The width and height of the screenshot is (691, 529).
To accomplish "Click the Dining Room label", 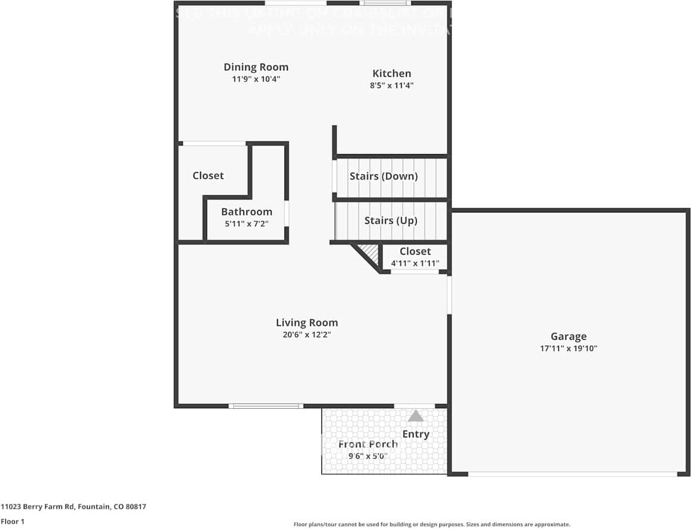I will coord(256,67).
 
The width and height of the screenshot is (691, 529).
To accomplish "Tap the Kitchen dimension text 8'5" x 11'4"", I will coord(392,86).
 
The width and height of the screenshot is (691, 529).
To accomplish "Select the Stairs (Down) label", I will coord(383,176).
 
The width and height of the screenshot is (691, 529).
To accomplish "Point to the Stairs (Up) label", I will coord(390,221).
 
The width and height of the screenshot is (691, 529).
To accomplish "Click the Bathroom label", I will coord(246,212).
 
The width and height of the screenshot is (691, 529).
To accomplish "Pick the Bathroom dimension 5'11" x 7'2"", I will coord(246,224).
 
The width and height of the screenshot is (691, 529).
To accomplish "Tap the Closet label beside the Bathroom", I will coord(208,176).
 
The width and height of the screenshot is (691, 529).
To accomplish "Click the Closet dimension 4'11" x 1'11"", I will coord(415,263).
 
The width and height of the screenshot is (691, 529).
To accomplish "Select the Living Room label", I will coord(307,323).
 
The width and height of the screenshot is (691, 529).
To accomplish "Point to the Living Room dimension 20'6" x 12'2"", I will coord(307,335).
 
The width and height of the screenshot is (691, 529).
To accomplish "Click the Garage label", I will coord(568,336).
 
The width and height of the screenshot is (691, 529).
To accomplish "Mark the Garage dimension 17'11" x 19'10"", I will coord(568,349).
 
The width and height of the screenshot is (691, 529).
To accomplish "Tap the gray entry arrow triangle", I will coord(415,415).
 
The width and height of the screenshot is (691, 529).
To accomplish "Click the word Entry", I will coord(415,434).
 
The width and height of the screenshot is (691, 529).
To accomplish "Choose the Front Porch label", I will coord(368,445).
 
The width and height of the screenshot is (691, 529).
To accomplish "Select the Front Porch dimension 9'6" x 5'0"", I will coord(368,456).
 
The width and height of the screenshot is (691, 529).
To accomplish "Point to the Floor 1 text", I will coord(13,521).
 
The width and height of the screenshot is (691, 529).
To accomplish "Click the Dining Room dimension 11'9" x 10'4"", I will coord(256,79).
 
